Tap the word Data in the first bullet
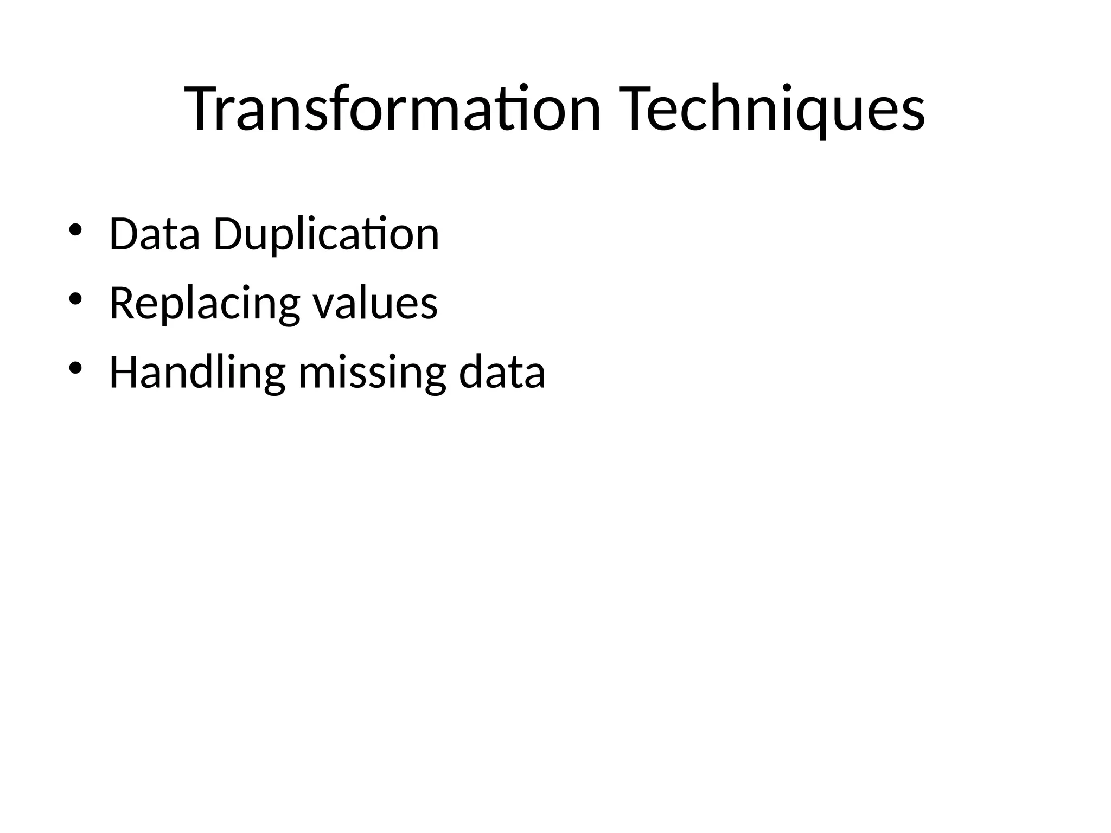154,234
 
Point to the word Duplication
326,234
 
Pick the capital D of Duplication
228,234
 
